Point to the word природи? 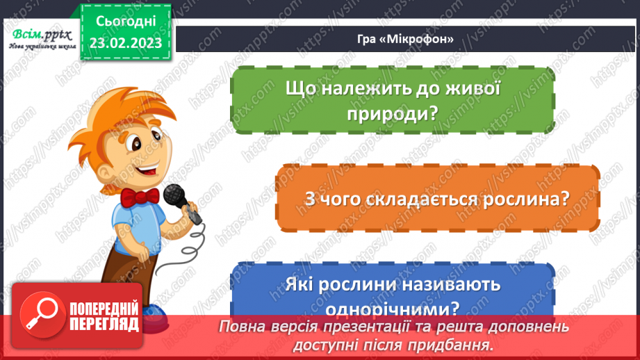pos(393,113)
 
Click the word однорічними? pos(393,306)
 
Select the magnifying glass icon pos(38,311)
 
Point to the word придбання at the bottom pos(455,343)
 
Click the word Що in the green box pos(299,90)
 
